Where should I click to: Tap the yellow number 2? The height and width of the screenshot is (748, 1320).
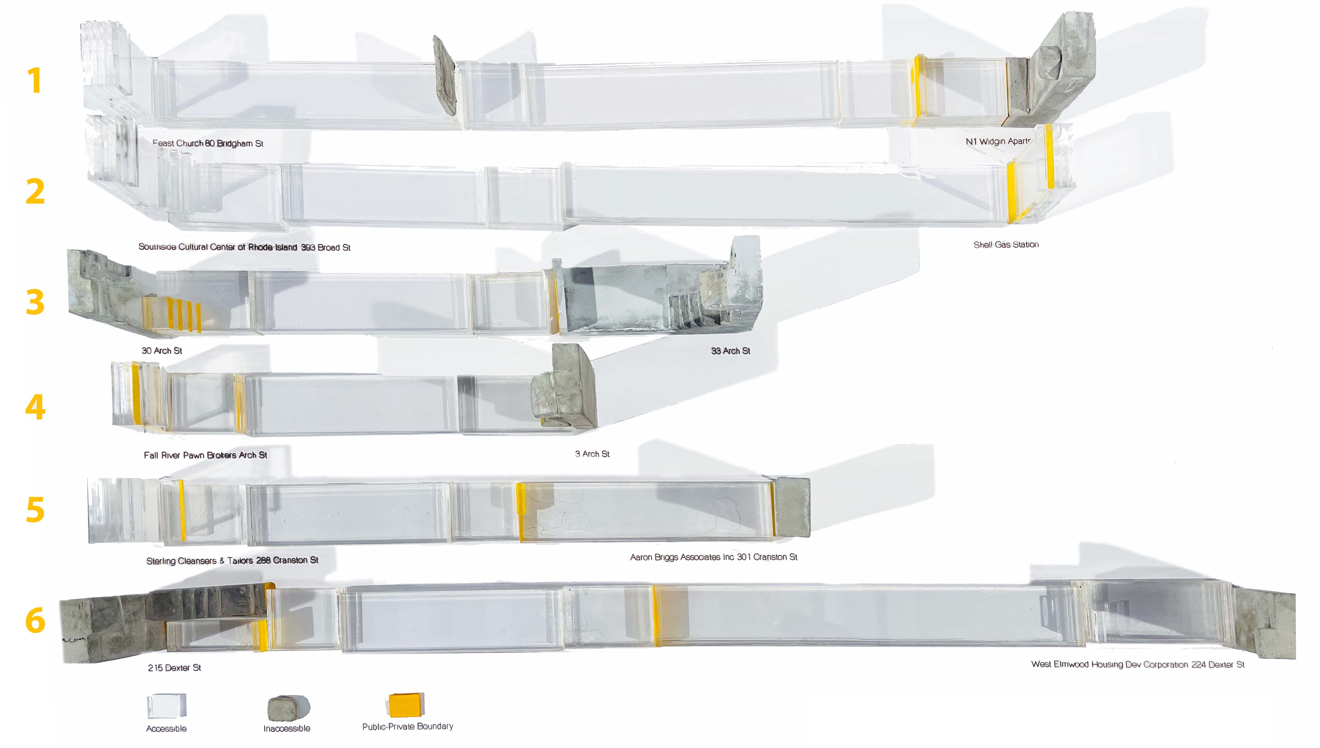click(35, 192)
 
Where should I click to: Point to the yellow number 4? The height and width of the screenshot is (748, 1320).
click(35, 407)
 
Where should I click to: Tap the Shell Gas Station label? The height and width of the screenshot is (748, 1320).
click(1006, 245)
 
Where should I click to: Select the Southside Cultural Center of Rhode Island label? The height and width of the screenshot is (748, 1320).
click(244, 247)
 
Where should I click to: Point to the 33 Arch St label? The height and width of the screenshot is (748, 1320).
click(730, 351)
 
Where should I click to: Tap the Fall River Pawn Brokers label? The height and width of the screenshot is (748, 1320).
click(205, 455)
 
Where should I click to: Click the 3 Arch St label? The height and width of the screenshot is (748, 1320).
click(592, 454)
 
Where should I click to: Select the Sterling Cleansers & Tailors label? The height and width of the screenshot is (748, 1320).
click(232, 561)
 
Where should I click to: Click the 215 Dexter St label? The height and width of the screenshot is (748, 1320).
click(174, 668)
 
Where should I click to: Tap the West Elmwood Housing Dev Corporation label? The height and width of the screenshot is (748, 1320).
click(1138, 665)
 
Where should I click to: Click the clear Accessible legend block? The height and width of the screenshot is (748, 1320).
click(166, 706)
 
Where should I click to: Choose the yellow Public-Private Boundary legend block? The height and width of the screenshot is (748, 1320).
click(406, 705)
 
